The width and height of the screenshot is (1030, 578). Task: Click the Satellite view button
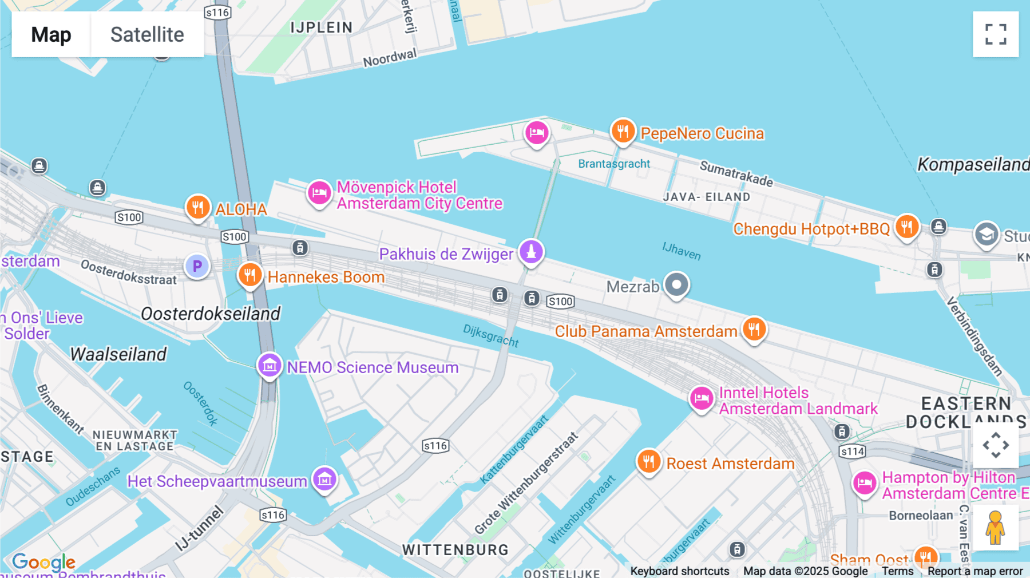pyautogui.click(x=147, y=34)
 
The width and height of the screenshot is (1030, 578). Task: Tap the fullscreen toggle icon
pyautogui.click(x=996, y=34)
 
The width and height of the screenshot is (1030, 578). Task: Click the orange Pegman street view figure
pyautogui.click(x=995, y=528)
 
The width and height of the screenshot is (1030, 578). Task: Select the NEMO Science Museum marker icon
pyautogui.click(x=270, y=365)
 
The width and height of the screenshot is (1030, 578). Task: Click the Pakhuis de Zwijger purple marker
pyautogui.click(x=531, y=252)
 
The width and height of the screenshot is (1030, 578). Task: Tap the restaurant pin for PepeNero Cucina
pyautogui.click(x=623, y=131)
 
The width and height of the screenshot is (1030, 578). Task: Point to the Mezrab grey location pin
pyautogui.click(x=676, y=284)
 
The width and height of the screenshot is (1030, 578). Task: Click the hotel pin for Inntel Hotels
pyautogui.click(x=702, y=398)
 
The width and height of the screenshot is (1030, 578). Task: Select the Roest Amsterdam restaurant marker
pyautogui.click(x=649, y=461)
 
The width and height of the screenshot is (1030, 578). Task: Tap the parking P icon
pyautogui.click(x=197, y=266)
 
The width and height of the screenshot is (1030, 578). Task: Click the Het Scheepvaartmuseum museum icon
pyautogui.click(x=324, y=479)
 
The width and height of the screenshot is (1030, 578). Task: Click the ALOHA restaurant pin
pyautogui.click(x=198, y=207)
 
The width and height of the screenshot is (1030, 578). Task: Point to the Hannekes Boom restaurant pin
pyautogui.click(x=250, y=275)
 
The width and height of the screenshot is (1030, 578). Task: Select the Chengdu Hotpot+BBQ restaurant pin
pyautogui.click(x=907, y=227)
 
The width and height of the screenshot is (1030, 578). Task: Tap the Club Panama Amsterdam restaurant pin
pyautogui.click(x=754, y=329)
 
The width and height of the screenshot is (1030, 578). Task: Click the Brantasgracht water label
pyautogui.click(x=614, y=164)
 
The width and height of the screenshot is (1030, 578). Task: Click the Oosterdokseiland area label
pyautogui.click(x=211, y=314)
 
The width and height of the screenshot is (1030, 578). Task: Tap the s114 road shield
pyautogui.click(x=852, y=452)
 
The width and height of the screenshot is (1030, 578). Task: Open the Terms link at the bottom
pyautogui.click(x=897, y=571)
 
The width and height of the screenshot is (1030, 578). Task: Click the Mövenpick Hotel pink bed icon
pyautogui.click(x=319, y=193)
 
